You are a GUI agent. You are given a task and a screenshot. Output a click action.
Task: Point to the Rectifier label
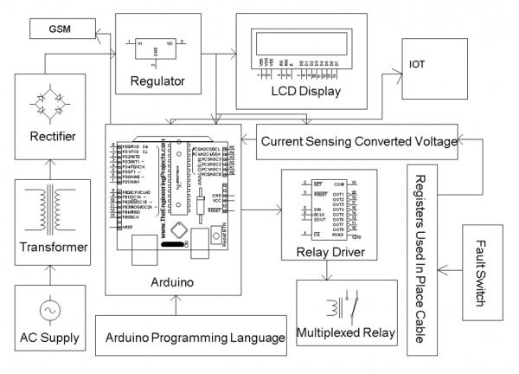coord(52,137)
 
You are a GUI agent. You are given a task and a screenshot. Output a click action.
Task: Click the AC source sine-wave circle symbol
coord(52,307)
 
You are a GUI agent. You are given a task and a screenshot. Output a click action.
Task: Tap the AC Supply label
coord(52,336)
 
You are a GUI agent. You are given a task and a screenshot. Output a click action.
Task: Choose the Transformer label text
coord(53,248)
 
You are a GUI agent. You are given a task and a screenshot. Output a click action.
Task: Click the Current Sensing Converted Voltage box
coord(356,141)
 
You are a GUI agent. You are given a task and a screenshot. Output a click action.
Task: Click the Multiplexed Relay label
coord(345,332)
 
